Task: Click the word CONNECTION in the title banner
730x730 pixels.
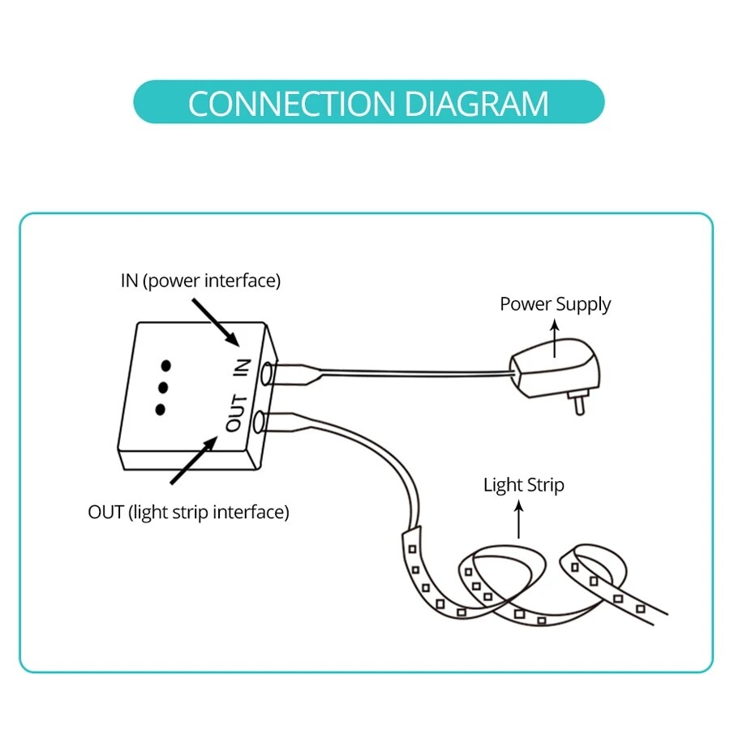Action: [x=290, y=104]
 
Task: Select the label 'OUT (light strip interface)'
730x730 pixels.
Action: [x=188, y=512]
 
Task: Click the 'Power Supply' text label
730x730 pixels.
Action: [x=555, y=304]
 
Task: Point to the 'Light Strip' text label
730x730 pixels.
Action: [x=523, y=485]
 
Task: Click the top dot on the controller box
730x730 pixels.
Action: [x=166, y=365]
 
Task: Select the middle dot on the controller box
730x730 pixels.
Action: [x=163, y=387]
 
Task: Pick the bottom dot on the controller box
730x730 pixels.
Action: [x=160, y=409]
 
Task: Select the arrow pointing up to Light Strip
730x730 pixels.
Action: [x=520, y=519]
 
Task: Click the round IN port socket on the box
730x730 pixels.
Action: [x=264, y=374]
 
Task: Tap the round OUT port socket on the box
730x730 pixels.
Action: [x=259, y=422]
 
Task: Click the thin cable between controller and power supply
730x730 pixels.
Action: [x=422, y=372]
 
